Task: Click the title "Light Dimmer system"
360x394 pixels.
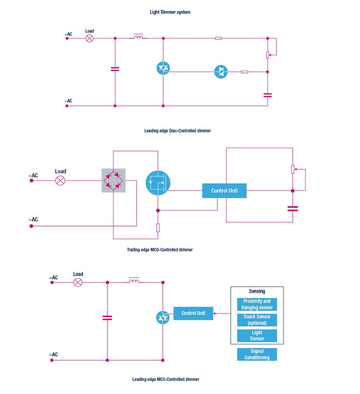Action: coord(170,12)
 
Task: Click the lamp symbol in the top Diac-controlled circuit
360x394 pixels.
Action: coord(90,39)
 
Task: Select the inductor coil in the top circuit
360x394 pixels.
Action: coord(138,37)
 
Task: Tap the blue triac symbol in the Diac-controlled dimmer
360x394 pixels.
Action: coord(163,68)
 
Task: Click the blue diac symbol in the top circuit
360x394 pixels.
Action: coord(221,72)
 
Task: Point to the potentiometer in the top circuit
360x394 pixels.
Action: coord(268,55)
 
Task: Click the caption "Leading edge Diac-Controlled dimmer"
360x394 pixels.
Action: coord(178,130)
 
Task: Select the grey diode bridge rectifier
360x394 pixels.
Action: coord(113,180)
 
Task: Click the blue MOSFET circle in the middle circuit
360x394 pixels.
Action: coord(158,183)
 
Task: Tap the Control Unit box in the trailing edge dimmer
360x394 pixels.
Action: coord(224,191)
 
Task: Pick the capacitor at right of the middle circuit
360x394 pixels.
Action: coord(293,209)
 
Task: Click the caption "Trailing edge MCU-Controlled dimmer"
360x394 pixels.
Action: coord(160,250)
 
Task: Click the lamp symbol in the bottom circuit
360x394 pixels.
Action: coord(78,283)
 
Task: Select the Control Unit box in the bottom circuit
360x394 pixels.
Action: coord(193,314)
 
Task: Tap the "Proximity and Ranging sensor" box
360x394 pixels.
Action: coord(257,304)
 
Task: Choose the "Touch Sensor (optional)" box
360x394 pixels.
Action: coord(257,320)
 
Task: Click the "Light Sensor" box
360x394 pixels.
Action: coord(257,336)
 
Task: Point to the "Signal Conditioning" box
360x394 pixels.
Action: coord(257,354)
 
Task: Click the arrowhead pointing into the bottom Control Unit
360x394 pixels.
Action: coord(215,314)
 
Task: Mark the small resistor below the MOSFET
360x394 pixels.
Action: coord(158,228)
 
